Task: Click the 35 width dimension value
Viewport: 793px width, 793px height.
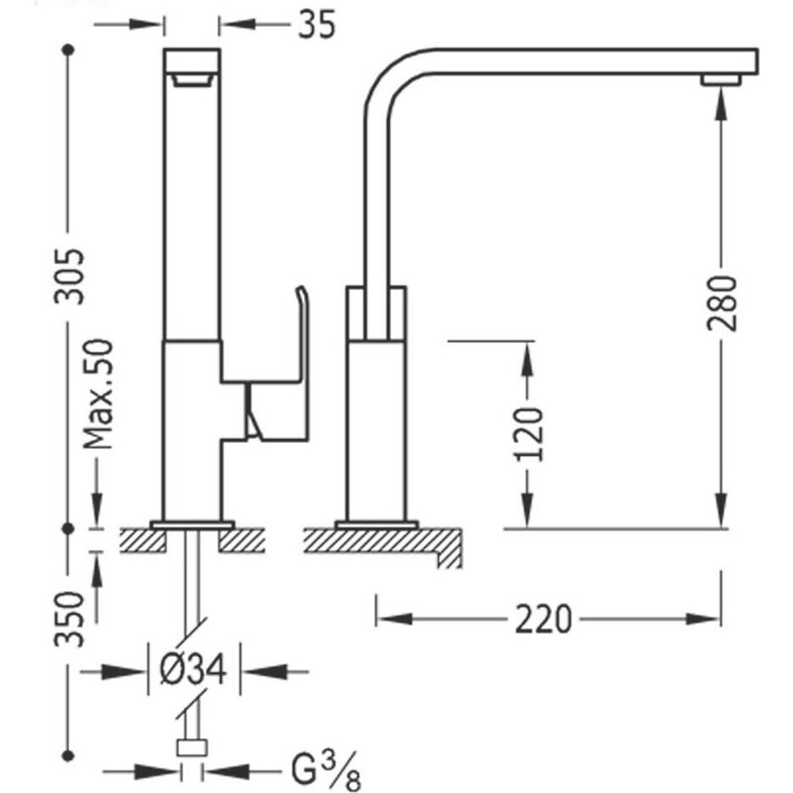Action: pos(317,25)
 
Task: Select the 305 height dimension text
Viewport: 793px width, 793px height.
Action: pos(70,276)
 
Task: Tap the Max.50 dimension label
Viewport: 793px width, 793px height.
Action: pos(98,394)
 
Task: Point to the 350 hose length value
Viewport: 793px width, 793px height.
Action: pos(70,618)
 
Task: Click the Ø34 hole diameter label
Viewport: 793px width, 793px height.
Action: pos(193,670)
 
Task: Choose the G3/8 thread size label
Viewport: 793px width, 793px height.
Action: pos(326,772)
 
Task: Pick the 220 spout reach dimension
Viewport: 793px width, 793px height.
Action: pos(543,619)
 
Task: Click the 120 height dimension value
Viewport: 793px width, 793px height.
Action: pos(528,434)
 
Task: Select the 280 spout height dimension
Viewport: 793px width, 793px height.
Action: pos(722,303)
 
